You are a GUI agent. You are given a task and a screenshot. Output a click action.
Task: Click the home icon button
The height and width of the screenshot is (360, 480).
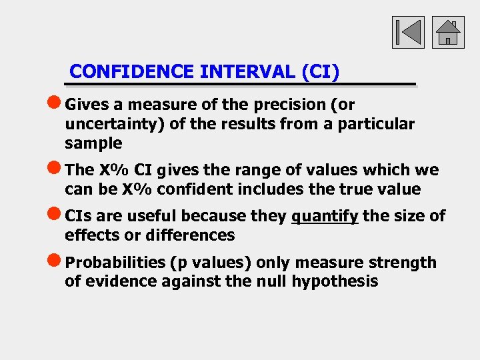pyautogui.click(x=448, y=32)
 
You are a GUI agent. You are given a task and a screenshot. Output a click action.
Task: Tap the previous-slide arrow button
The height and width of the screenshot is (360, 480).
pyautogui.click(x=408, y=32)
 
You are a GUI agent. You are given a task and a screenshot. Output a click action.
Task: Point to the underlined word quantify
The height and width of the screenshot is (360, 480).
pyautogui.click(x=325, y=216)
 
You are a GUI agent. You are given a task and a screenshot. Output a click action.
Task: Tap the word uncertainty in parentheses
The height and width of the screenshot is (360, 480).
pyautogui.click(x=109, y=124)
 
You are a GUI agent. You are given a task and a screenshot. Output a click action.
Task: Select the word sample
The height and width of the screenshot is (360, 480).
pyautogui.click(x=93, y=143)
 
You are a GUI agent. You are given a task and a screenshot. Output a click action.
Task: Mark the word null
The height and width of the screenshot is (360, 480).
pyautogui.click(x=270, y=281)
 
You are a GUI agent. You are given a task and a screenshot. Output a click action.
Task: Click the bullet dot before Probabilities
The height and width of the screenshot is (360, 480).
pyautogui.click(x=56, y=262)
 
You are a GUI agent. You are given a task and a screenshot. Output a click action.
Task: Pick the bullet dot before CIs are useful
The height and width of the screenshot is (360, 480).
pyautogui.click(x=56, y=215)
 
